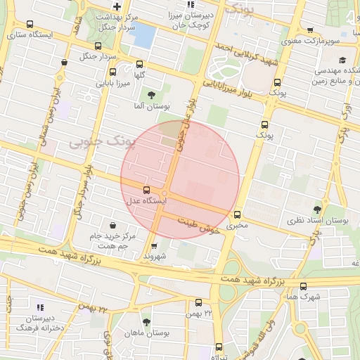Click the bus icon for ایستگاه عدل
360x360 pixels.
tap(146, 190)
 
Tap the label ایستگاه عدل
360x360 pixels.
tap(146, 201)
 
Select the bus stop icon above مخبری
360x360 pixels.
tap(237, 214)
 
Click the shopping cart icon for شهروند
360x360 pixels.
tap(155, 245)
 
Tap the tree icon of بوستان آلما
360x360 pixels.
tap(151, 95)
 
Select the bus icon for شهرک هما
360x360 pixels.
tap(303, 286)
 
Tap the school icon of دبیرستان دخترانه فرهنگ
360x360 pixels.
tap(40, 307)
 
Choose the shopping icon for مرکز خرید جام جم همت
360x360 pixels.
tap(112, 226)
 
